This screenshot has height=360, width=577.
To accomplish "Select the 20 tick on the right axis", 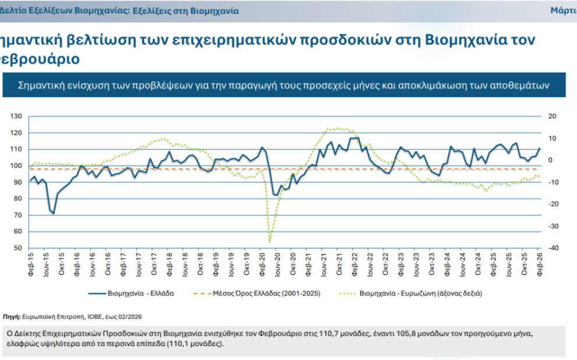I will (x=553, y=117).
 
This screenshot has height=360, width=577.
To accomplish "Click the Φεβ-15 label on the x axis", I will (x=31, y=259).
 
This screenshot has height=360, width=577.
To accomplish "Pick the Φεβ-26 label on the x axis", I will (x=540, y=259).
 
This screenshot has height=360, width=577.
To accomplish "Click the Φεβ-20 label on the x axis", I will (x=262, y=259).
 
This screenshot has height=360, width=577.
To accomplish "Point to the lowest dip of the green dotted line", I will (x=270, y=241).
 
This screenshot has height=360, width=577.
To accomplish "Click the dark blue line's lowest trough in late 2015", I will (x=54, y=213).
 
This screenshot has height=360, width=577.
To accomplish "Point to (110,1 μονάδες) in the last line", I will (x=190, y=344).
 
